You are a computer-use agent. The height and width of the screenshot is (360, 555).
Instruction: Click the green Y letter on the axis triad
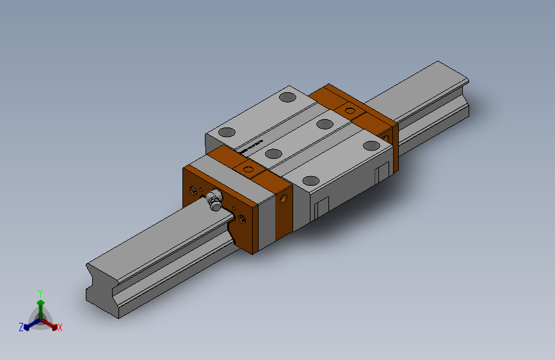tap(40, 291)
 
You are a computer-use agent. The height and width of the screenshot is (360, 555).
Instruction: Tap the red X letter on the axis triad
tap(60, 328)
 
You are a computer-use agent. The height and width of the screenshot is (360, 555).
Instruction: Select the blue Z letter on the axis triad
tap(21, 327)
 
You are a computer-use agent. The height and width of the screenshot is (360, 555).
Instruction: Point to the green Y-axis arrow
tap(40, 304)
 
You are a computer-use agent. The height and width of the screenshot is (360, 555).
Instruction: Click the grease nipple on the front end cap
tap(214, 200)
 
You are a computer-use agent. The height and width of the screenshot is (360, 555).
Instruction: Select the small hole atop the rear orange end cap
tap(350, 110)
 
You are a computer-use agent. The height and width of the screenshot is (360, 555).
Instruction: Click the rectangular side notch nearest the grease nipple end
tap(321, 206)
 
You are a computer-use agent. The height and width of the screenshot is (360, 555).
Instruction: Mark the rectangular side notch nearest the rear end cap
tap(382, 172)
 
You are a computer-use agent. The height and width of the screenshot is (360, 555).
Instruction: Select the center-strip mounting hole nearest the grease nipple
tap(273, 154)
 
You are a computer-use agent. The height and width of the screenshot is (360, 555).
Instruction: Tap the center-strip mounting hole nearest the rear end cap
tap(325, 124)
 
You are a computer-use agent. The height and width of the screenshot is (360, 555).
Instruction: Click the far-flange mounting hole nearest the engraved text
tap(226, 133)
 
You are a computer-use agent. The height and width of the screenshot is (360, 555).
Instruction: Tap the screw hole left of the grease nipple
tap(194, 190)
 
